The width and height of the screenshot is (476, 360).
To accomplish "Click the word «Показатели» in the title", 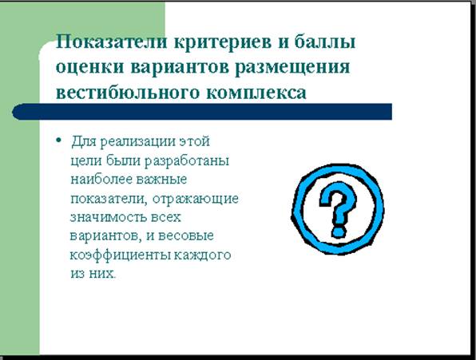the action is tap(112, 42).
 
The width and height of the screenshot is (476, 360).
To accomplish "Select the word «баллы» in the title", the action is tap(325, 42).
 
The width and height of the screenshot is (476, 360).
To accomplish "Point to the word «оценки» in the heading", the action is tap(90, 67).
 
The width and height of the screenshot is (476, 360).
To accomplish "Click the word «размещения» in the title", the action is tap(292, 68).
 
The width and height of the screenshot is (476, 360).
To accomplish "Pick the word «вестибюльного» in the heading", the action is tap(128, 93).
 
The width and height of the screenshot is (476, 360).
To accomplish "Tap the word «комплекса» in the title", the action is tap(256, 93).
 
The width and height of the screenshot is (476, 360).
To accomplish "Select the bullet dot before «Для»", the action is tap(59, 140).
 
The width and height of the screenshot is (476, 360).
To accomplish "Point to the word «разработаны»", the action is tap(186, 161).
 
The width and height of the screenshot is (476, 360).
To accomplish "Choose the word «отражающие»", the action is tap(196, 200).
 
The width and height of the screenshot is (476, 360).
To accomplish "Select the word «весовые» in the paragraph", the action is tap(186, 236).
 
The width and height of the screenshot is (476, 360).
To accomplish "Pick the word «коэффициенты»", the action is tap(121, 255).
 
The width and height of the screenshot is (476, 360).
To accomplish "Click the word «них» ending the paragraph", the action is tap(102, 274).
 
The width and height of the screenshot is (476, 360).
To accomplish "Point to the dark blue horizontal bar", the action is tap(202, 112).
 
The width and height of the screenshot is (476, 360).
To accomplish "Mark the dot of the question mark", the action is tap(339, 231).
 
